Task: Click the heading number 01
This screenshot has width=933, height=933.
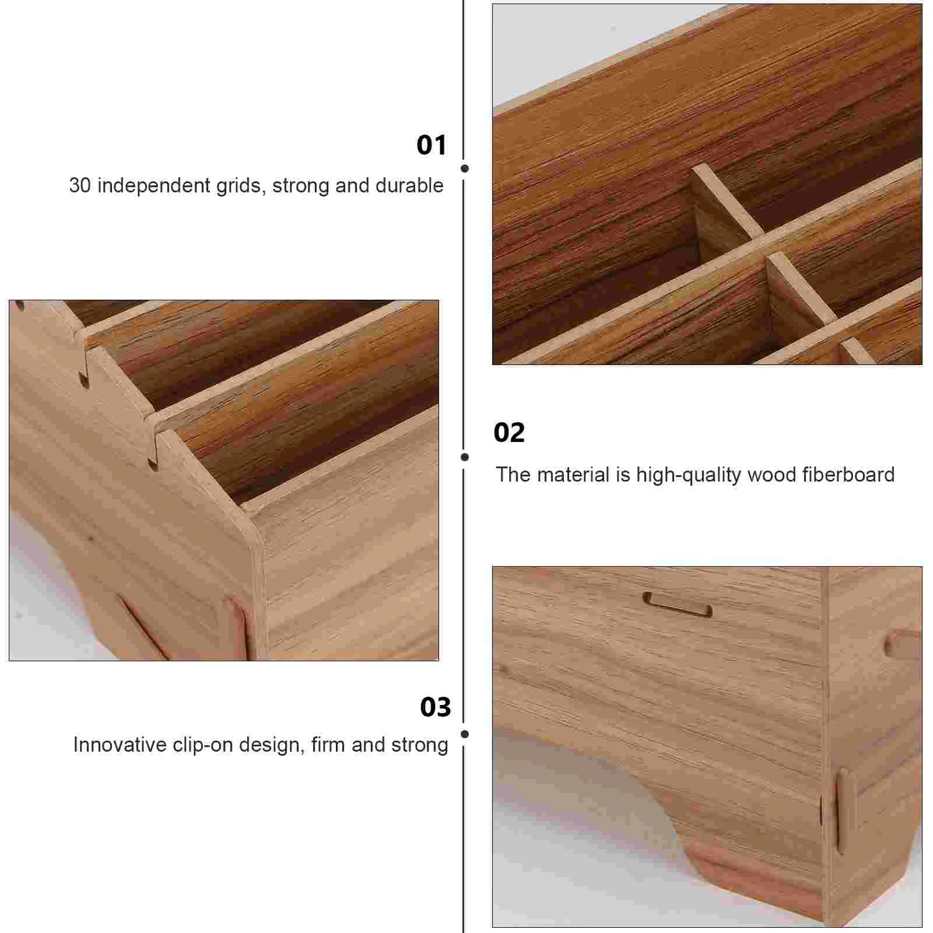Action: click(431, 145)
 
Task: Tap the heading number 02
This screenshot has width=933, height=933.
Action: click(508, 433)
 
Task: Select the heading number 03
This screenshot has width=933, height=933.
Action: click(435, 707)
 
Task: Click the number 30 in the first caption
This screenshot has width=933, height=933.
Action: click(80, 185)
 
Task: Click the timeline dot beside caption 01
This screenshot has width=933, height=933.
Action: click(465, 169)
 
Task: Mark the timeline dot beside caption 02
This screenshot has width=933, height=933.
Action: click(465, 457)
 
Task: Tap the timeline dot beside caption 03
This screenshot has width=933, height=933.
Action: click(465, 734)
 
